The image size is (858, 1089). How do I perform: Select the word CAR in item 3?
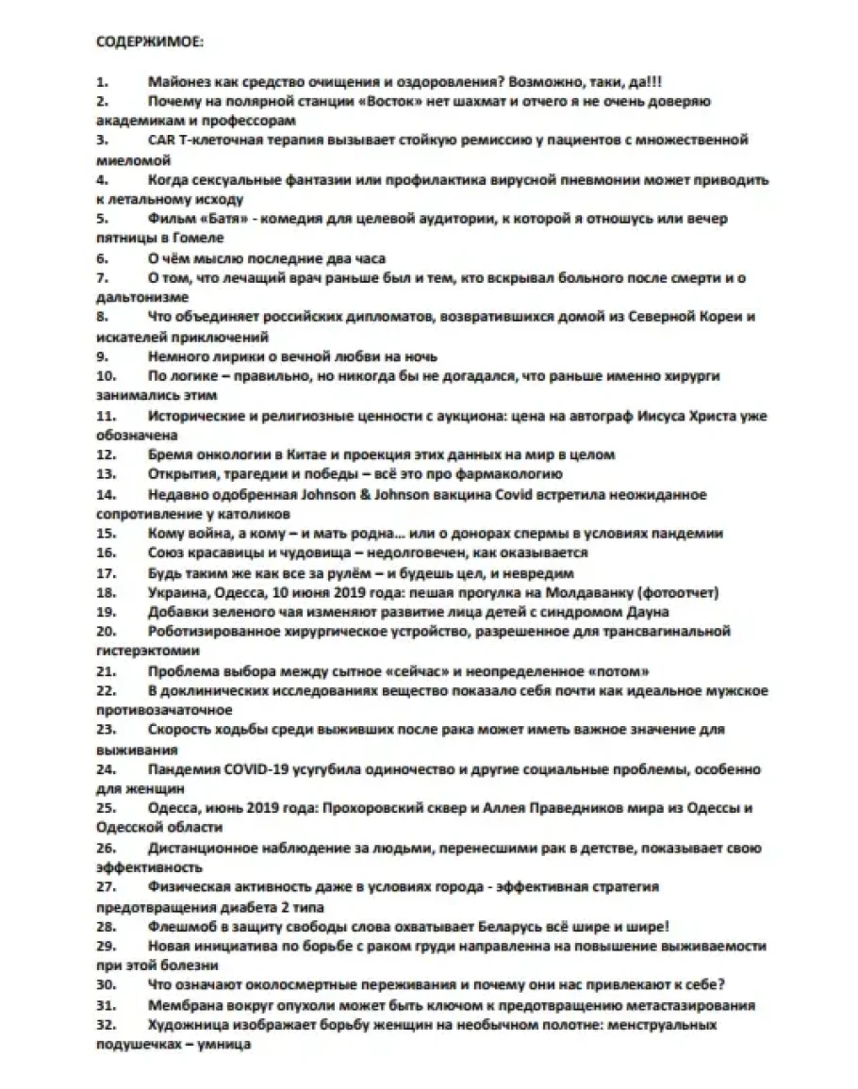pos(162,140)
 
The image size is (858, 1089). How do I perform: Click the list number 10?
pos(107,376)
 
